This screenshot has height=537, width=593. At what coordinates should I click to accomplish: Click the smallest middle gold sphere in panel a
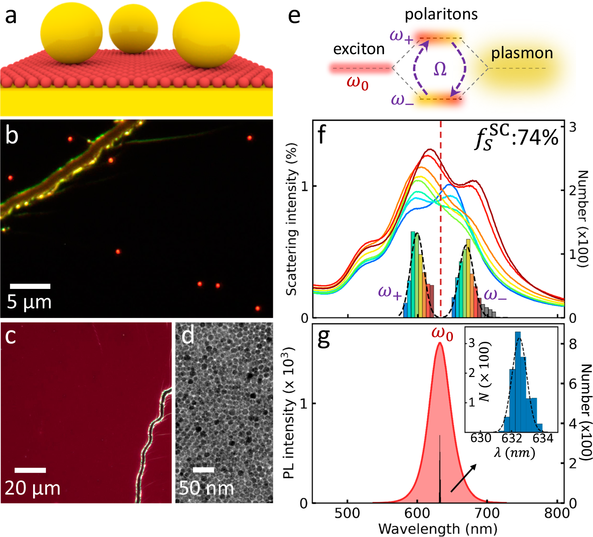click(133, 29)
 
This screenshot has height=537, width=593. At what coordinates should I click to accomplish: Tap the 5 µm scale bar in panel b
click(30, 286)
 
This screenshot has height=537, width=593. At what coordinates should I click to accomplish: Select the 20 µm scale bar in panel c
click(30, 470)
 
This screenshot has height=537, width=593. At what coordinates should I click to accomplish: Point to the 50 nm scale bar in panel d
click(203, 470)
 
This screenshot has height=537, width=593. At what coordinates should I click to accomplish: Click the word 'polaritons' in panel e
click(441, 15)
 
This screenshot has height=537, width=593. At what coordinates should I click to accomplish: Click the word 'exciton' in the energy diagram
click(359, 49)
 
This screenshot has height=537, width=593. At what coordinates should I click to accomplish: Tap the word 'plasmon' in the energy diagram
click(522, 53)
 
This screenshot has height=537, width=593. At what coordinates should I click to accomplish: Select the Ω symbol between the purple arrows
click(440, 69)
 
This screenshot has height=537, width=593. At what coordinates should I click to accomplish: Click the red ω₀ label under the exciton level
click(358, 83)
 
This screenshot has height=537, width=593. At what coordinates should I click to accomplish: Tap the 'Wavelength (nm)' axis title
click(438, 529)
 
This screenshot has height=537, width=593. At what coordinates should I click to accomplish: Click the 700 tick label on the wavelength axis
click(487, 513)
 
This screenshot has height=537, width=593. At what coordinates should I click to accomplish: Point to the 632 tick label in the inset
click(512, 438)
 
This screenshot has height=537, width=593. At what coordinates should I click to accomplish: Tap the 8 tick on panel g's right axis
click(572, 344)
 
